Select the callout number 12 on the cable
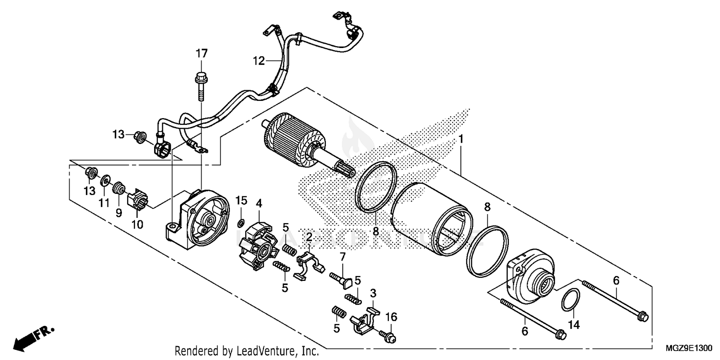(x=259, y=61)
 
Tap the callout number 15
(x=240, y=199)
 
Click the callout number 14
(x=574, y=326)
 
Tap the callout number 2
(x=310, y=236)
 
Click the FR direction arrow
(x=34, y=337)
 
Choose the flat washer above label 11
(x=104, y=182)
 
